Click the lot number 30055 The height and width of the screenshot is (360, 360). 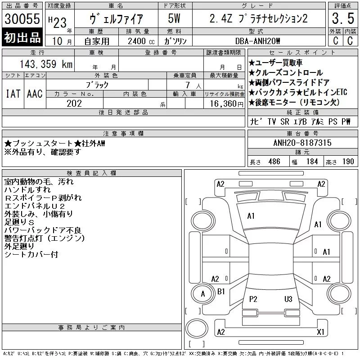[x=22, y=18]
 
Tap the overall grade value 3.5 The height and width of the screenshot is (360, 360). [x=343, y=18]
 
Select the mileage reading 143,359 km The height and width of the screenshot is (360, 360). [x=46, y=64]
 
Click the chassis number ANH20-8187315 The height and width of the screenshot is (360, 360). [x=302, y=143]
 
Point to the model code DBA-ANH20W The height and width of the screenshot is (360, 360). [x=257, y=41]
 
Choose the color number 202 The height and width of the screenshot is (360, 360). [x=74, y=103]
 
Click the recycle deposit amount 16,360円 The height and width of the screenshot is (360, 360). [x=227, y=104]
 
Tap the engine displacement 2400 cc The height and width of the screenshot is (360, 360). [x=141, y=41]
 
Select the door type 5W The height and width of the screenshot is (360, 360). [x=174, y=18]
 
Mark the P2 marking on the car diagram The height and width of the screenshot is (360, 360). [x=253, y=299]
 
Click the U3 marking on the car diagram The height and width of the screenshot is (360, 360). [x=288, y=299]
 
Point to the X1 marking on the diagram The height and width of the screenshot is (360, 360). [x=320, y=332]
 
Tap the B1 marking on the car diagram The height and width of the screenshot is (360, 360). [x=221, y=292]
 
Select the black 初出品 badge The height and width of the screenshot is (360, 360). [x=22, y=37]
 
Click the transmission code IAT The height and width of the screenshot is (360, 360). [x=13, y=94]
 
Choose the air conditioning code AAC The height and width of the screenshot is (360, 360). [x=35, y=94]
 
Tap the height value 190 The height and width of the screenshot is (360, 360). [x=348, y=162]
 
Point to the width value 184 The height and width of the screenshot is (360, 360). [x=312, y=162]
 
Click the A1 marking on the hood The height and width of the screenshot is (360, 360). [x=251, y=216]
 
